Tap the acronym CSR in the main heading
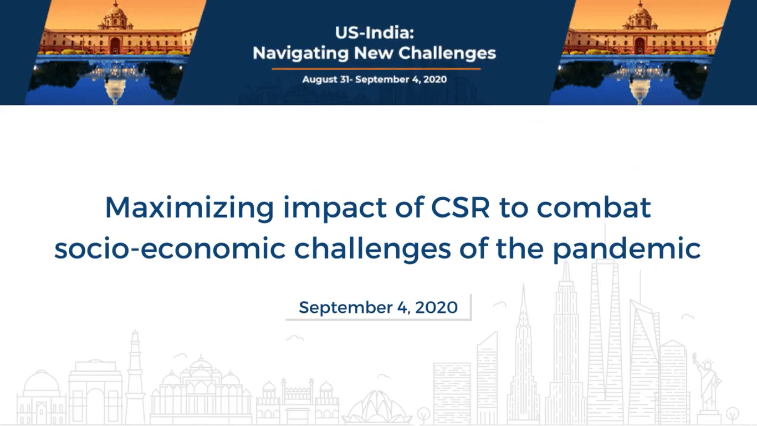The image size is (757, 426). pos(461,207)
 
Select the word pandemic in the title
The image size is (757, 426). pos(627,248)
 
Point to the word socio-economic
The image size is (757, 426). pos(170,248)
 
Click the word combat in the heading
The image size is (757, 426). pos(594,207)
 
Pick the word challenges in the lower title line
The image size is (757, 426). pos(372,248)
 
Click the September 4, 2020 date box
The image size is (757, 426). pos(378,307)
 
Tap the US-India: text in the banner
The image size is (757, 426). pos(375,33)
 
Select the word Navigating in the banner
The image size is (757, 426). pos(300,53)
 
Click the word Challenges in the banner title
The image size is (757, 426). pos(447,53)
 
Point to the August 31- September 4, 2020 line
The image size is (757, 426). pos(375,79)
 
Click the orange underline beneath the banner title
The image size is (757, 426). pos(376,69)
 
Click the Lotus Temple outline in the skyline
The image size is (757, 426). pos(377,408)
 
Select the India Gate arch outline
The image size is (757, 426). pos(95,393)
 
